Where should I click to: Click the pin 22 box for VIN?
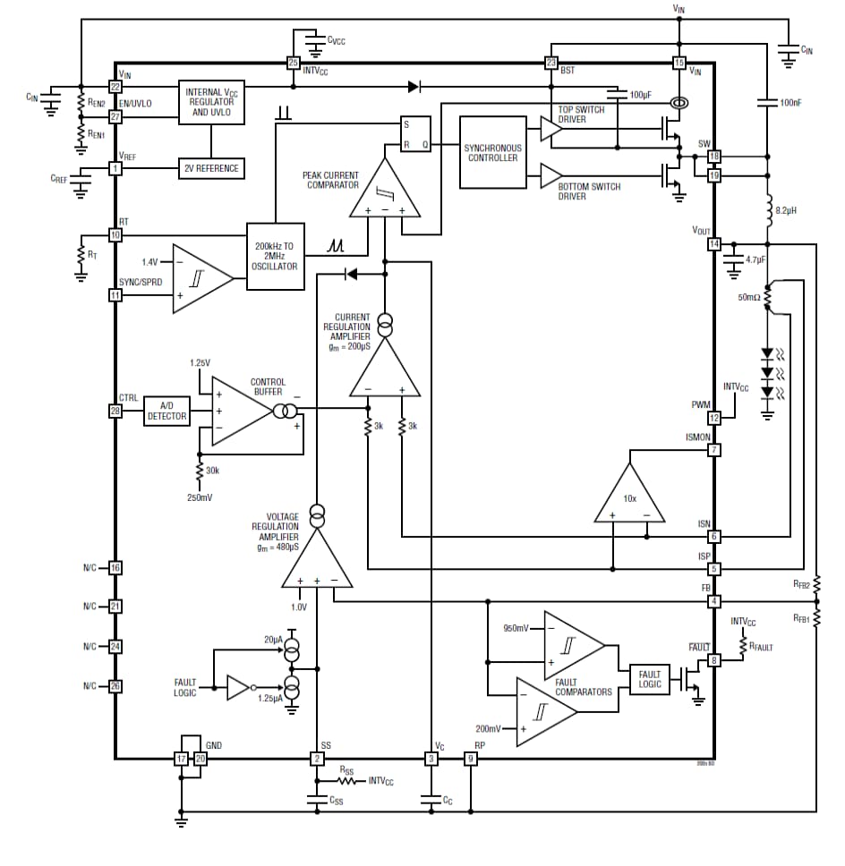tap(115, 87)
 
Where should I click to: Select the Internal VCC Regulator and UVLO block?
tap(210, 103)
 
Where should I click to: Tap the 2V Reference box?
tap(211, 168)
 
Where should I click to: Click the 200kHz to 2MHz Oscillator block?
tap(276, 255)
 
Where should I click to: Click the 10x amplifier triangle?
tap(630, 499)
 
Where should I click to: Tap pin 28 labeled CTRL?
tap(115, 411)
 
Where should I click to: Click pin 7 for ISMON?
tap(714, 450)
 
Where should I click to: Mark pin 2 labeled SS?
tap(317, 759)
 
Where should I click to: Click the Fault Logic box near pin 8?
tap(650, 678)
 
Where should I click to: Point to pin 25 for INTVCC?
tap(293, 63)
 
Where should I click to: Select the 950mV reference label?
tap(516, 627)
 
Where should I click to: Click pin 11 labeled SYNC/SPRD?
tap(115, 295)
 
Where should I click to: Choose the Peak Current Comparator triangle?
tap(384, 191)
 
